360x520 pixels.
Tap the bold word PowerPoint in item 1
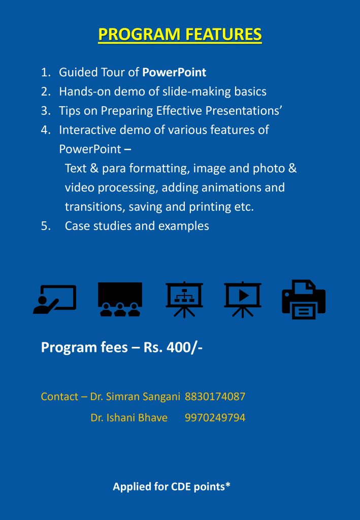tap(174, 73)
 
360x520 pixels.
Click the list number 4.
tap(46, 130)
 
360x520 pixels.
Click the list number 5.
tap(46, 226)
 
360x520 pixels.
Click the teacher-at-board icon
tap(55, 299)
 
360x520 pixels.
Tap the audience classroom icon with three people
tap(120, 299)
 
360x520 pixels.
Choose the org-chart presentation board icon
tap(184, 299)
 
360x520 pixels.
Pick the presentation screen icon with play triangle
tap(243, 299)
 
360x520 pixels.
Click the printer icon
tap(303, 299)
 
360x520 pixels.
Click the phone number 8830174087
tap(215, 397)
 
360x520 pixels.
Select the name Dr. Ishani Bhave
tap(129, 418)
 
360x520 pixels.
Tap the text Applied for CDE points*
tap(172, 487)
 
